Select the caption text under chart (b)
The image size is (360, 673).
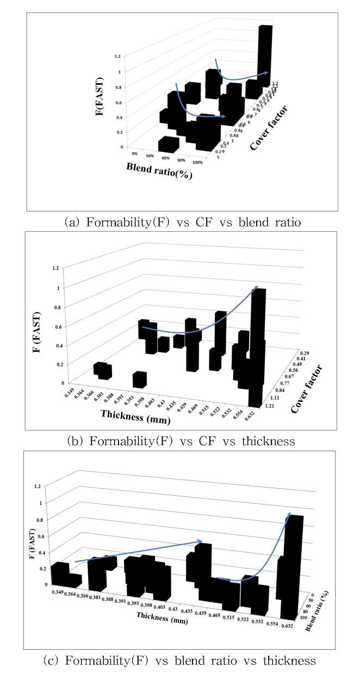[x=180, y=441]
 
